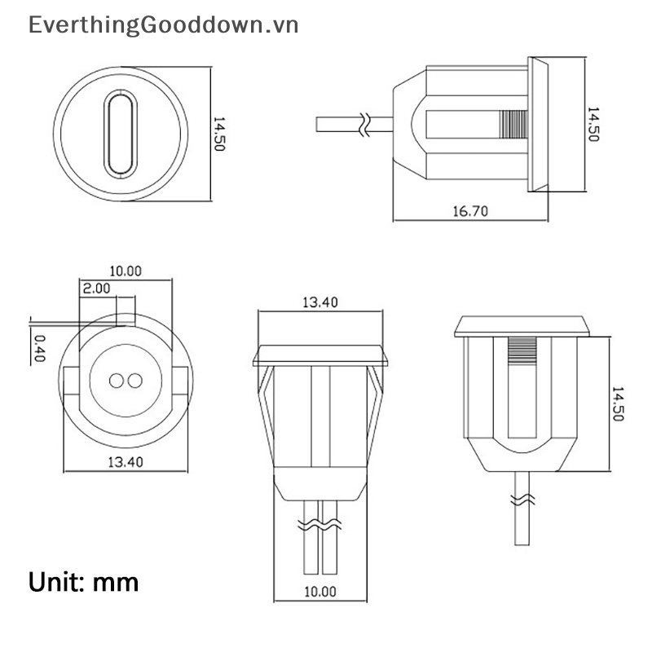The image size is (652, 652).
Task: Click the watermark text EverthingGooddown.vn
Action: point(164,25)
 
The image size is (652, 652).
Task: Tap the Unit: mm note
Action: point(84,582)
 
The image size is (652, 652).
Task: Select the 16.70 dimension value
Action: point(469,211)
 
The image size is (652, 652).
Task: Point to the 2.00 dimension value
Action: point(95,288)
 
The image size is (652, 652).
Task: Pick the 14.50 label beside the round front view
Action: point(218,133)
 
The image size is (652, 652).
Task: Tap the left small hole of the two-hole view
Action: point(116,381)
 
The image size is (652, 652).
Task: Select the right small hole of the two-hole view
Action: point(134,381)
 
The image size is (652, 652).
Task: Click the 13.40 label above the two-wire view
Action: point(319,302)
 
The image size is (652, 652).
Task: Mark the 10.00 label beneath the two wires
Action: point(319,591)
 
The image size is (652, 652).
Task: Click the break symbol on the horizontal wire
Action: point(364,124)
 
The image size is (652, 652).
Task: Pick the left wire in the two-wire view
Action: point(310,538)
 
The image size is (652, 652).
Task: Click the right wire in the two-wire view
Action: point(329,538)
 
